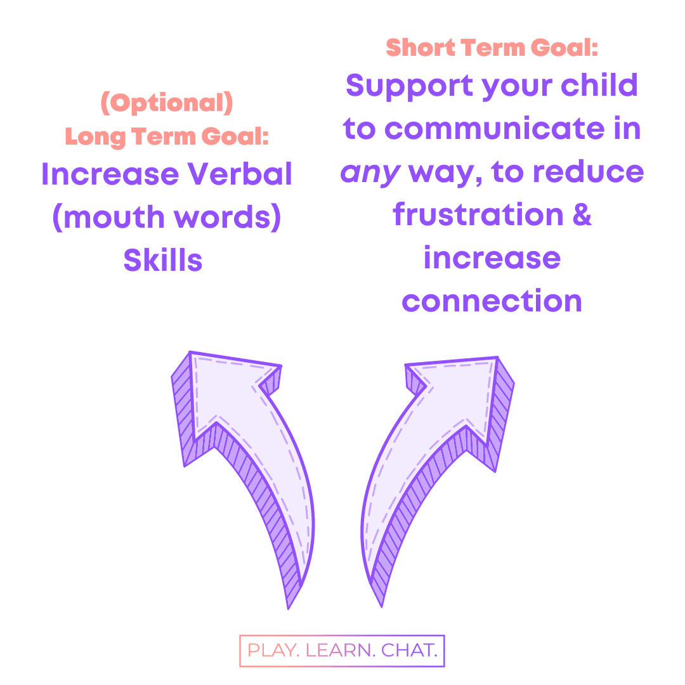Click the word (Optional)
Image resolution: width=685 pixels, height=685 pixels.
click(x=166, y=103)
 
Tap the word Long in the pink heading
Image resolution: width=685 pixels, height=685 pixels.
click(x=95, y=137)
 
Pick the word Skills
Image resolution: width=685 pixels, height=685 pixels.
click(x=163, y=260)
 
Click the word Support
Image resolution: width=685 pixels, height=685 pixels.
click(x=409, y=86)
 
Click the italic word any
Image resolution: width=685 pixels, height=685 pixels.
click(x=370, y=173)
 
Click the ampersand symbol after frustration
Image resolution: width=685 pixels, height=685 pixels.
click(x=582, y=214)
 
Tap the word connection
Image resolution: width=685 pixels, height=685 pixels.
click(x=492, y=301)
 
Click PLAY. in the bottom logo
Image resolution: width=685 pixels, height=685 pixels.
click(x=273, y=650)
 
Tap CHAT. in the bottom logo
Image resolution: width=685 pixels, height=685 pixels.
click(x=409, y=650)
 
